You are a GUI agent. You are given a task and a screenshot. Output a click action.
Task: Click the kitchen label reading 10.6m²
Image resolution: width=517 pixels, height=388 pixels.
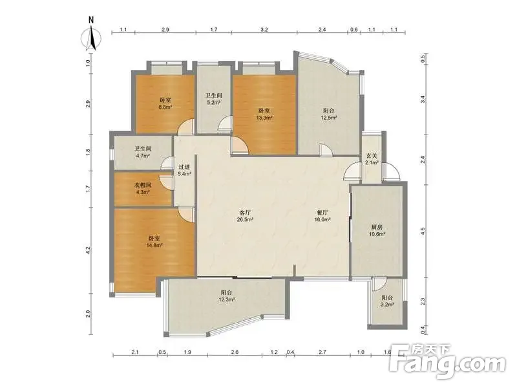[x=377, y=231]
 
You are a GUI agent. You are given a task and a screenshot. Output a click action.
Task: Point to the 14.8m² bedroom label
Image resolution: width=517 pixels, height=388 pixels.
[x=154, y=241]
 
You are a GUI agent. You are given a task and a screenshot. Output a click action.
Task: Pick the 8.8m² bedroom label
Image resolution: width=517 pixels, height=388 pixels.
[x=165, y=103]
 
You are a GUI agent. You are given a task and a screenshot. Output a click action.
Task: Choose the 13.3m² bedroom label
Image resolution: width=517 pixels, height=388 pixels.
[x=264, y=114]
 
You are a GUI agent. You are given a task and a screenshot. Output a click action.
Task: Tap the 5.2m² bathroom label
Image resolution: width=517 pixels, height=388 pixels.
[x=214, y=99]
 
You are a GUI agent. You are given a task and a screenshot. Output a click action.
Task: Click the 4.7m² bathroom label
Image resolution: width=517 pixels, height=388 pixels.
[x=143, y=152]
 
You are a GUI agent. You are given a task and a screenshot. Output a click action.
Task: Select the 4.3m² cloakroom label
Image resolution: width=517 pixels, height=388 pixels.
[x=143, y=188]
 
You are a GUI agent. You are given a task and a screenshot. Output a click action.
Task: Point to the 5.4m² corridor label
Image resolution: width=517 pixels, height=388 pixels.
[x=185, y=170]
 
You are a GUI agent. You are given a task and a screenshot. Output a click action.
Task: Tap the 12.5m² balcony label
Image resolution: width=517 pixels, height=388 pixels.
[x=329, y=114]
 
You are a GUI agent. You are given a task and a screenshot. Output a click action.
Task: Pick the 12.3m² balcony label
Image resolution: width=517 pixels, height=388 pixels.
[x=227, y=296]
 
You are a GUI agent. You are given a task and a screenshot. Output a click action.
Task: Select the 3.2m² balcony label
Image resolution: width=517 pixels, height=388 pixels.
[x=387, y=301]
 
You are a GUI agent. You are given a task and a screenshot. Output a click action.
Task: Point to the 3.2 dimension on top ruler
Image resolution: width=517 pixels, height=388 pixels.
[x=264, y=29]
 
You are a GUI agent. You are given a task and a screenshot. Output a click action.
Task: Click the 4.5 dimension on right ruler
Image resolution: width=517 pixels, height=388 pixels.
[x=423, y=231]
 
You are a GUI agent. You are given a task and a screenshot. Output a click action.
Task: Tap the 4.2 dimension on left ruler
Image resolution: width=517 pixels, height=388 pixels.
[x=88, y=250]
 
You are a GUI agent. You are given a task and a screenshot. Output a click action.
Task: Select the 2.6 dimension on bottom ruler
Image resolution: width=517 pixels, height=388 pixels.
[x=235, y=352]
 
